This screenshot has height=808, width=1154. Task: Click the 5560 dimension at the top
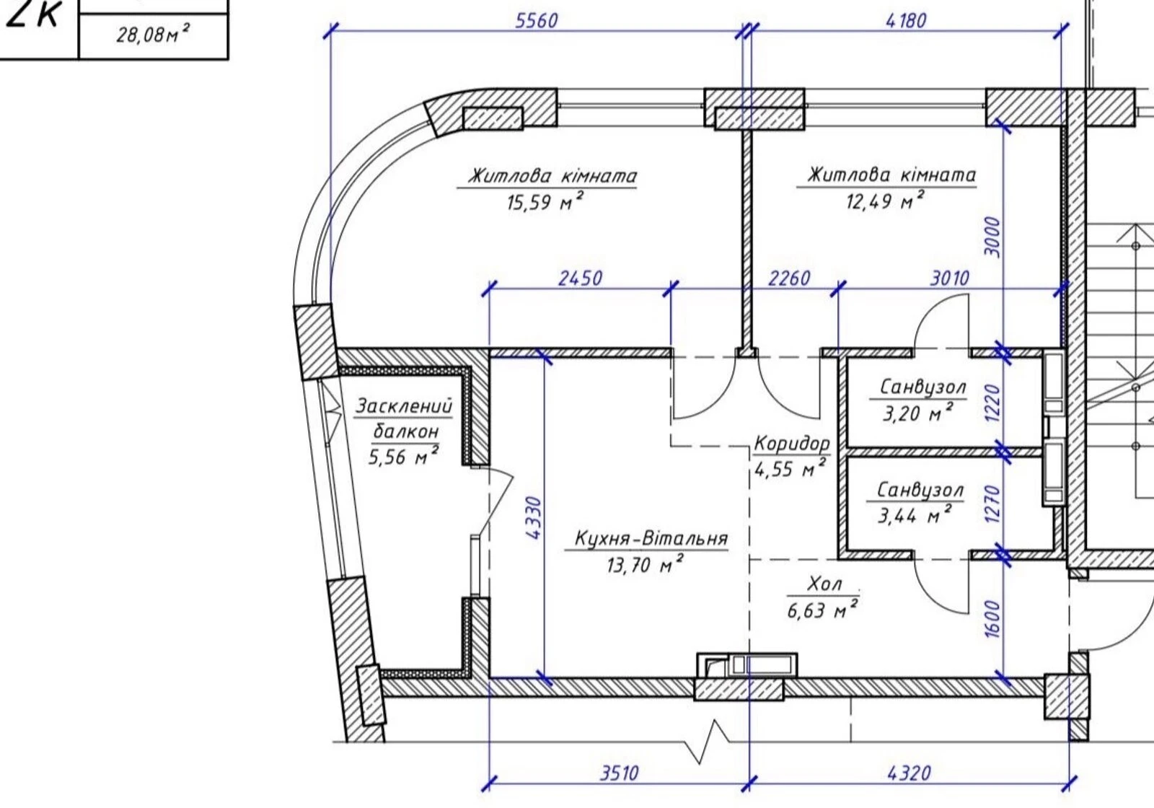click(537, 21)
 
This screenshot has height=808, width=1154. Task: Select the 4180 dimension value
click(906, 21)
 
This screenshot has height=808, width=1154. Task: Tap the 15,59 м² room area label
click(545, 201)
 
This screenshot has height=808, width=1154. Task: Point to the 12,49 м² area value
click(885, 200)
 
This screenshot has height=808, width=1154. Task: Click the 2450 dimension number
click(580, 278)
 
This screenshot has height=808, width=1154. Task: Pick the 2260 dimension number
click(789, 278)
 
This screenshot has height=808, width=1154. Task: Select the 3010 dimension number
click(949, 278)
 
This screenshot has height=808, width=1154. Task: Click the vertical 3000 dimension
click(992, 237)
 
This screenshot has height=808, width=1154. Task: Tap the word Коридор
click(793, 443)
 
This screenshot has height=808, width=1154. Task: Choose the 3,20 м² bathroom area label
click(918, 412)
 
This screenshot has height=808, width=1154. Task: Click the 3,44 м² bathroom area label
click(915, 514)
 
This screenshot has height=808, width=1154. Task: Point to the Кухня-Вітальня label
click(651, 538)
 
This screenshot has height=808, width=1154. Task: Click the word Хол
click(824, 584)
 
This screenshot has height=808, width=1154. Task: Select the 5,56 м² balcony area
click(404, 456)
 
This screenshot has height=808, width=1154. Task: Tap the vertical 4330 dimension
click(534, 518)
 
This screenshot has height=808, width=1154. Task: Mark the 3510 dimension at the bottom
click(620, 773)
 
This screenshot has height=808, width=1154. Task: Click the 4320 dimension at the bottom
click(909, 773)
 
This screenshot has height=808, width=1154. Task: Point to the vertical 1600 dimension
click(992, 619)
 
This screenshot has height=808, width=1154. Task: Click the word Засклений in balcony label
click(404, 406)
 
